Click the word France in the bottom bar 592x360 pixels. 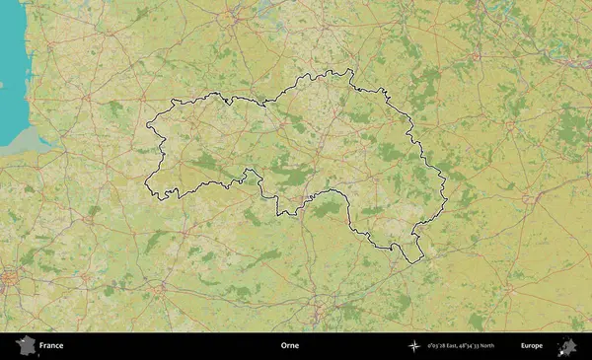tap(50, 346)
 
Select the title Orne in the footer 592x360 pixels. tap(289, 346)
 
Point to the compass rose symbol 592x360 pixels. tap(414, 346)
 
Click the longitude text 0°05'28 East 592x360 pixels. tap(448, 346)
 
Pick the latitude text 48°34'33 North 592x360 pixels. tap(492, 346)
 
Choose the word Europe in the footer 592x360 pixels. tap(532, 346)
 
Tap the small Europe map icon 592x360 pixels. tap(567, 345)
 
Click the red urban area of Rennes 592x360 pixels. tap(10, 279)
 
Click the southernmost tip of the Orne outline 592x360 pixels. tap(407, 261)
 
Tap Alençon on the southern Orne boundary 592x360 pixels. tap(313, 197)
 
